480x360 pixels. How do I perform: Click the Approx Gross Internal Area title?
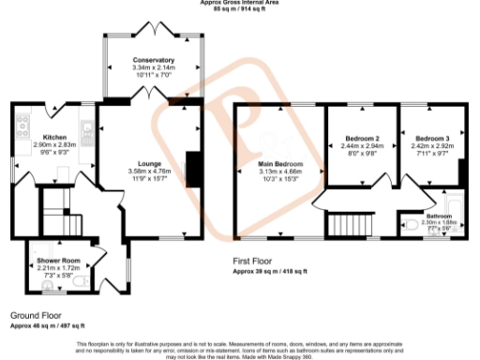[239, 3]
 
